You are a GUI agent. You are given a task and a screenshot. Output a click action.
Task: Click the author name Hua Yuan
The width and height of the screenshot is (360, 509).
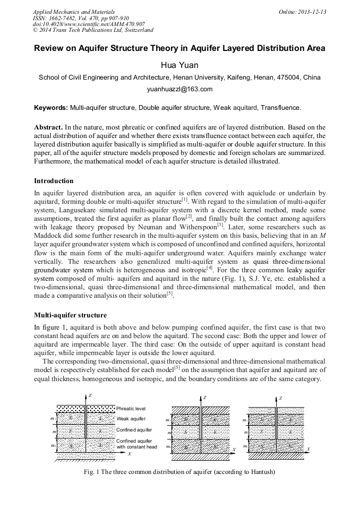179,65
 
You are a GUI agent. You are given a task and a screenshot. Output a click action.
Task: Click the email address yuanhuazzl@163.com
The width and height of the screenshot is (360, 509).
179,89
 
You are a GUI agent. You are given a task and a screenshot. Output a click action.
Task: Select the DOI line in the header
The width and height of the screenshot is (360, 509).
89,24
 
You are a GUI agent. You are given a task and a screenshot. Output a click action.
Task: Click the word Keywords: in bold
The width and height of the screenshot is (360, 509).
51,108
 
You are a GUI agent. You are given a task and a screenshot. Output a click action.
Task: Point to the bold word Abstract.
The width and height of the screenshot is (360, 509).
48,128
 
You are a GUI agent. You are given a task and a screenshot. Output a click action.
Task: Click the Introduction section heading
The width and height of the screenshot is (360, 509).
54,181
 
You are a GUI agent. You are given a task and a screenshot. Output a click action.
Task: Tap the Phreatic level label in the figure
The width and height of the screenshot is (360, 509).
131,409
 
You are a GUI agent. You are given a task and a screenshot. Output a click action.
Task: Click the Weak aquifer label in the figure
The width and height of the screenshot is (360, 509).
131,419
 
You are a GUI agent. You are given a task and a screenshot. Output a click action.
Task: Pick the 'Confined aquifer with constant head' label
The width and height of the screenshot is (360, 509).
136,444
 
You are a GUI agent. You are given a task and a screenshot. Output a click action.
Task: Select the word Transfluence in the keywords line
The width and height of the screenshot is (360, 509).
281,108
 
